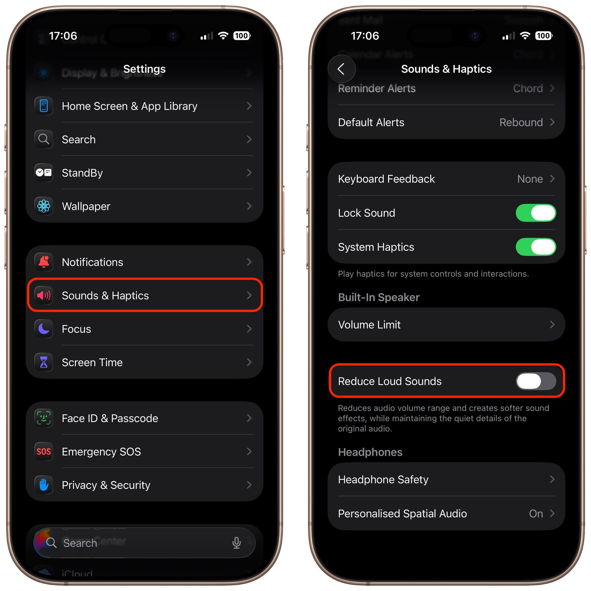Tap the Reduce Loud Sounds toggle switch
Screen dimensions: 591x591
pos(536,381)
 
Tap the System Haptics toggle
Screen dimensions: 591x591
pos(536,247)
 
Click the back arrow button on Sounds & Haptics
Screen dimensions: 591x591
pos(341,69)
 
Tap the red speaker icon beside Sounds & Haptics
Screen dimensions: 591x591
pos(44,295)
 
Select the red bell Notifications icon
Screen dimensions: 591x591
pos(44,262)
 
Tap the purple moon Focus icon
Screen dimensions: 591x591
pos(44,329)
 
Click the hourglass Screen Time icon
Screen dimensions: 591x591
pos(44,362)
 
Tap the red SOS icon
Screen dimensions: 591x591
pos(44,452)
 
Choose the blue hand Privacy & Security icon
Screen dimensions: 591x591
pos(44,485)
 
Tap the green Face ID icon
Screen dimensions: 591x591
pos(44,418)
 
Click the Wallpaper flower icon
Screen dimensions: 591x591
pos(44,206)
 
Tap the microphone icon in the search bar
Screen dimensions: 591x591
pos(236,543)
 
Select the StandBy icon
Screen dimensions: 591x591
pos(44,173)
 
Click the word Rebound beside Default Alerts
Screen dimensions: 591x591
pos(521,122)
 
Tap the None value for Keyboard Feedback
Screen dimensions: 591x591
pos(530,179)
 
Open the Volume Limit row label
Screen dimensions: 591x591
pos(369,325)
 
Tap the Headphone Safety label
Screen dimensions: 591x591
pos(383,479)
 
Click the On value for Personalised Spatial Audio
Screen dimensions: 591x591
pos(536,513)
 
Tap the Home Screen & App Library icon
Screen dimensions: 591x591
pos(44,106)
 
